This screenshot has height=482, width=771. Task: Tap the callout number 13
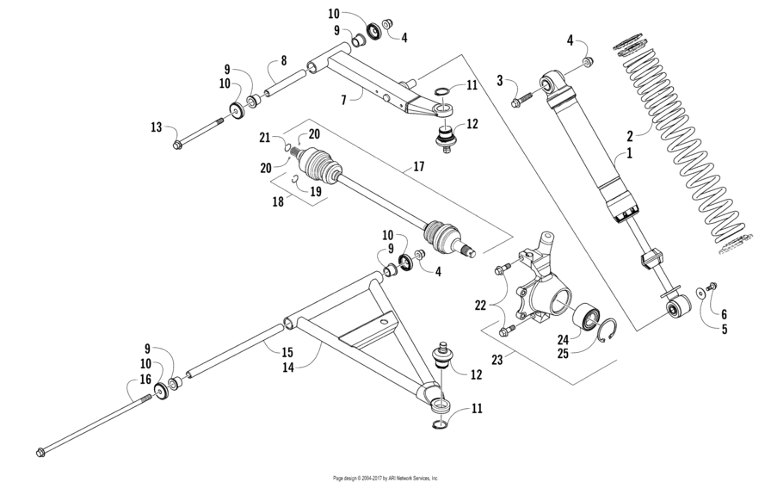(156, 127)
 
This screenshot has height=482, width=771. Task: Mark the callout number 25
(564, 353)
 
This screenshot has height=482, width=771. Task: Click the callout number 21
(265, 138)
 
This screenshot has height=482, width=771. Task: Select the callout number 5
(724, 329)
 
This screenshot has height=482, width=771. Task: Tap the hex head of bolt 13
(177, 144)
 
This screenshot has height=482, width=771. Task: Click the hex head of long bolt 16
(40, 452)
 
